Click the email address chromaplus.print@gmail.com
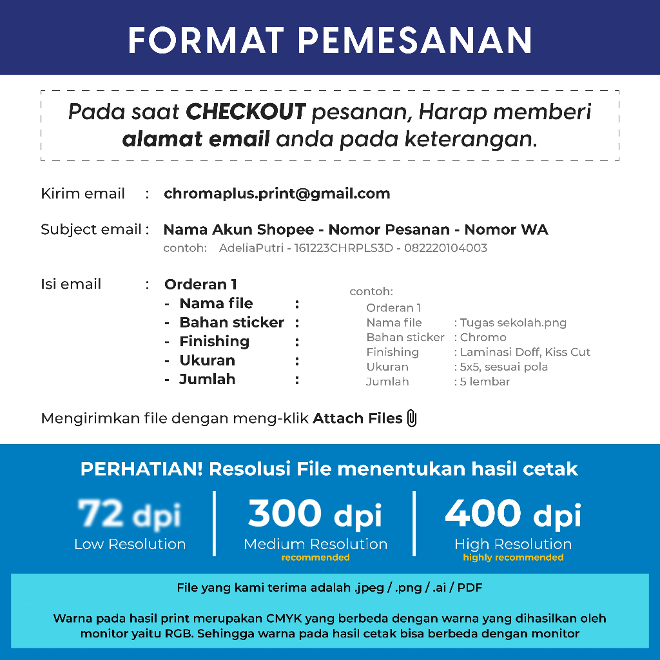[277, 194]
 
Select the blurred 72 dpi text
[130, 514]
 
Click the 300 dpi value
[315, 514]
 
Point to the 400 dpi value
[513, 514]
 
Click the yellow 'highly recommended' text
[513, 558]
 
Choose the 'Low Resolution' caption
[130, 545]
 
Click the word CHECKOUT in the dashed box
[246, 112]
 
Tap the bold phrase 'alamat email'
[196, 139]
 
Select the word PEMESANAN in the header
[416, 40]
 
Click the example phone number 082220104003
[445, 248]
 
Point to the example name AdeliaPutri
[251, 248]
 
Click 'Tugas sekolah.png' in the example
[513, 323]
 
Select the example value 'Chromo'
[483, 338]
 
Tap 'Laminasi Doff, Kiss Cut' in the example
[525, 353]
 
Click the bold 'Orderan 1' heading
[201, 284]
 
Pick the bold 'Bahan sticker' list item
[231, 322]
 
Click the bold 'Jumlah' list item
[207, 380]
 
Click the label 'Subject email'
[91, 229]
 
